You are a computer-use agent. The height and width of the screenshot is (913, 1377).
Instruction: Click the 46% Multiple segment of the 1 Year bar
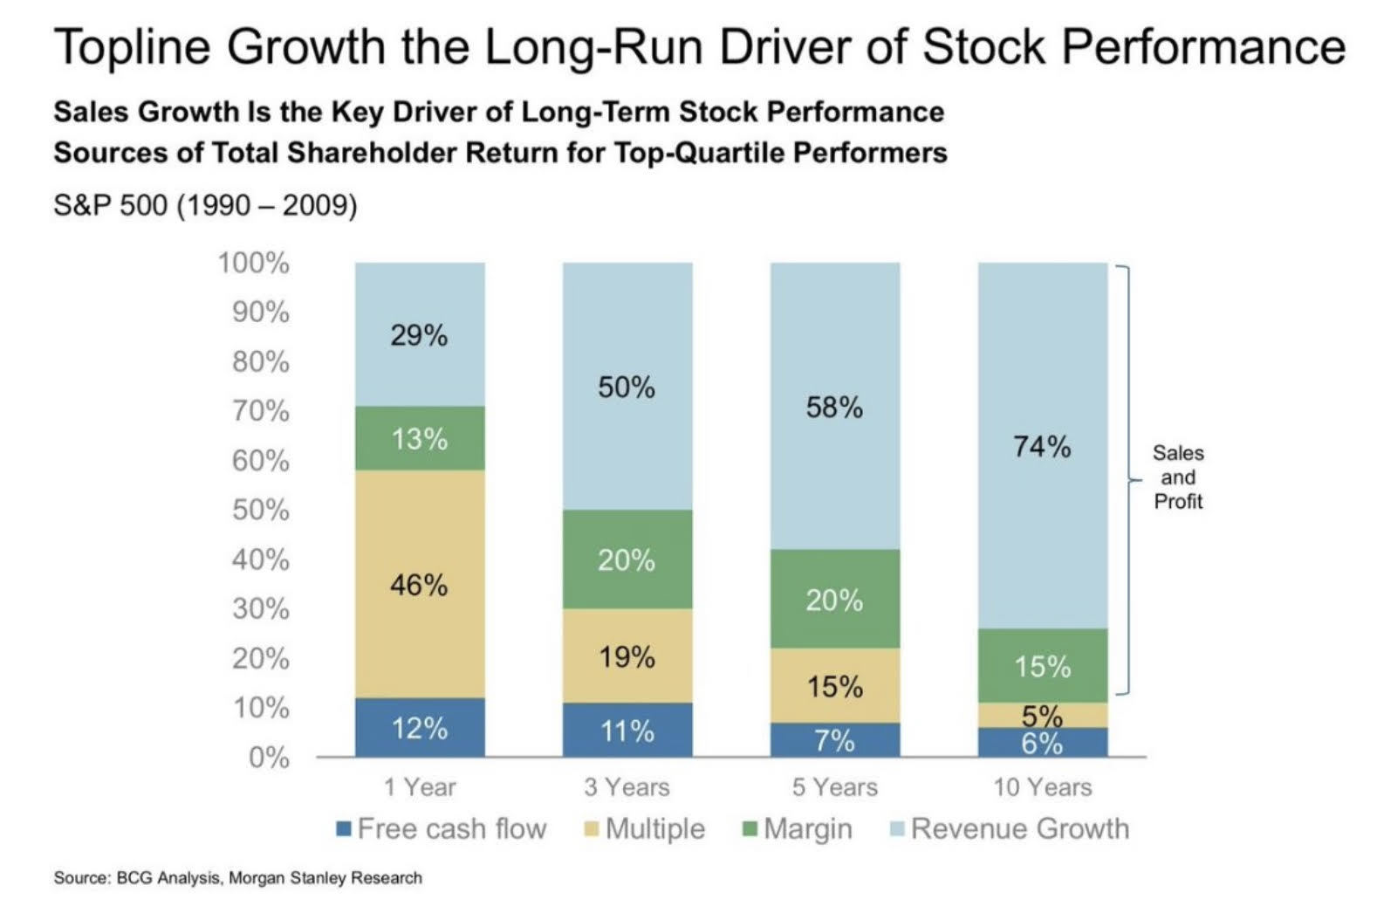tap(420, 584)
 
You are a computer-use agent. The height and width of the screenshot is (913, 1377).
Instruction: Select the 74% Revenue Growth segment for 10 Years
tap(1043, 446)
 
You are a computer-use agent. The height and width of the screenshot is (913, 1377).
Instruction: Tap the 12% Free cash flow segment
tap(420, 727)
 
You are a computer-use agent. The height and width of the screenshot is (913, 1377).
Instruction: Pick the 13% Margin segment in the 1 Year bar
tap(420, 438)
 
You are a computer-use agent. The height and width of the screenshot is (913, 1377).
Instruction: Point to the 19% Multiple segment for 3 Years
tap(627, 656)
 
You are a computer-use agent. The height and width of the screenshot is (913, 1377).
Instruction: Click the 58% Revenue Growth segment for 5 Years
tap(835, 407)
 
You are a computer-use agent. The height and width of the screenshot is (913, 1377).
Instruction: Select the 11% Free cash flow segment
tap(627, 730)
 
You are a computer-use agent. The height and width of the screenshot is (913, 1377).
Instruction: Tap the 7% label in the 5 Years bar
tap(835, 741)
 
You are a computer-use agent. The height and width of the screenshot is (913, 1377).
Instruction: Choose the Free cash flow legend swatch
tap(344, 828)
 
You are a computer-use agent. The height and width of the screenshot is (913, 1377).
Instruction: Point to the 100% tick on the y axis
tap(254, 262)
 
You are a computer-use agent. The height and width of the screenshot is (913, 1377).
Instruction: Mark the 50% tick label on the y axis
tap(260, 510)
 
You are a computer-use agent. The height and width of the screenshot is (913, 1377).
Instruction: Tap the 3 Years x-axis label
tap(627, 787)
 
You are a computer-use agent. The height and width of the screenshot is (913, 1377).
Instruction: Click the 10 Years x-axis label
tap(1043, 787)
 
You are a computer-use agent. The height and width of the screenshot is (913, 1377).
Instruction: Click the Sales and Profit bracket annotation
tap(1178, 477)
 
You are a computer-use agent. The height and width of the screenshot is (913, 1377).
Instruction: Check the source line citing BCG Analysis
tap(237, 878)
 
